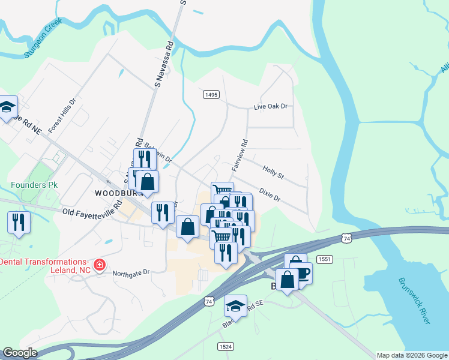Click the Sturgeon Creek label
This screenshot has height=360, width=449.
43,41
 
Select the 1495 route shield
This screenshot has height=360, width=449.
211,94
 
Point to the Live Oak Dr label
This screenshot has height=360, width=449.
271,106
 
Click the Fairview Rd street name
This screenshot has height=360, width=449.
240,155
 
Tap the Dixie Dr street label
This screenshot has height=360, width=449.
270,195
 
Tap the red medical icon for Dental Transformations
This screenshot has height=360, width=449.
99,264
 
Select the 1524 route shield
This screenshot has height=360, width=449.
226,346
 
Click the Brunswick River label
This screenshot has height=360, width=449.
414,301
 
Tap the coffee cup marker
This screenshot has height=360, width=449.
301,272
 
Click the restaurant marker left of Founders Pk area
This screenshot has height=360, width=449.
19,223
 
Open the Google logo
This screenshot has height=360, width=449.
20,353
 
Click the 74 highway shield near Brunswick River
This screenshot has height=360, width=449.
346,239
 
